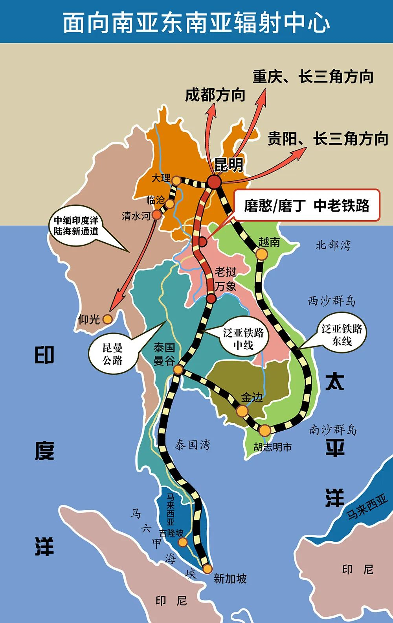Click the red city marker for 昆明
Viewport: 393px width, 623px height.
215,182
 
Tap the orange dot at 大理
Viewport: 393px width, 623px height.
177,180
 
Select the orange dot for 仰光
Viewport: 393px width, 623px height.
107,319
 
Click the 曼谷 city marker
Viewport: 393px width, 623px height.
178,369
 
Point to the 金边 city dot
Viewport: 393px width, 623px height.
242,411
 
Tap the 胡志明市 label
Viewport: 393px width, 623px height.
272,447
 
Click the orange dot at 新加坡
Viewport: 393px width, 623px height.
207,569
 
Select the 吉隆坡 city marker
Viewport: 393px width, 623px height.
183,542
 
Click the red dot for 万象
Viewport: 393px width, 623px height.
211,299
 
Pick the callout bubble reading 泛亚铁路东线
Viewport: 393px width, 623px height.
342,335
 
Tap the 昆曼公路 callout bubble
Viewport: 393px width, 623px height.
113,354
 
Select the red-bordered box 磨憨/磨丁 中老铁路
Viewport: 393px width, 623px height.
307,205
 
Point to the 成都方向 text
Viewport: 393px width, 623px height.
215,95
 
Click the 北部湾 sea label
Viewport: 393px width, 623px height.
333,245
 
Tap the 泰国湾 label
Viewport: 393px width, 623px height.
192,445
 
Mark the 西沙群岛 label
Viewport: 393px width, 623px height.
332,301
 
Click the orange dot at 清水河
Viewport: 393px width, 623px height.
156,215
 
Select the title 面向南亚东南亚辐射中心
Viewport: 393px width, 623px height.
196,22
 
